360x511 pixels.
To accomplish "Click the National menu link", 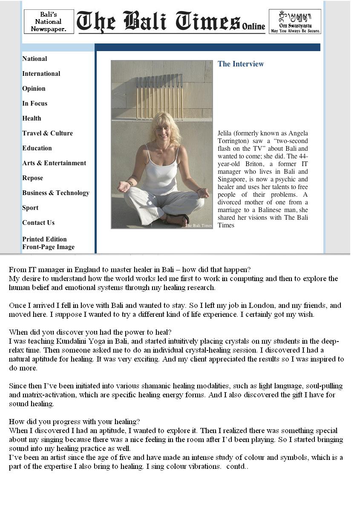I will (x=35, y=59).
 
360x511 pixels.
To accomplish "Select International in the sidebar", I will (x=41, y=74).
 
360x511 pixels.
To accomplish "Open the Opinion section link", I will (x=34, y=89).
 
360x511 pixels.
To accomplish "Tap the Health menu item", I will (x=32, y=118).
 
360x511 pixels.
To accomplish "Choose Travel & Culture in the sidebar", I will (x=47, y=133).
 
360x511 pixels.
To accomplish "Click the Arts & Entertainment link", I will (x=54, y=163).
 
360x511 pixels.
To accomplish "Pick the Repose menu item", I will (x=33, y=178).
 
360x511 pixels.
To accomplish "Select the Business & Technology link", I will (x=56, y=193).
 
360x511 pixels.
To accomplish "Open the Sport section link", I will (x=30, y=208).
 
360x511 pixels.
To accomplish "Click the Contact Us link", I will (x=38, y=223).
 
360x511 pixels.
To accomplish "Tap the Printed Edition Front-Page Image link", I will (x=48, y=243).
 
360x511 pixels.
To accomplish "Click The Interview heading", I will (x=241, y=64).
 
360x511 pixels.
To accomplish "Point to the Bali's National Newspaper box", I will (x=49, y=22).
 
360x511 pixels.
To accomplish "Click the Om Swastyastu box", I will (x=295, y=22).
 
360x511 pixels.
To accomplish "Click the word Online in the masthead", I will (x=253, y=26).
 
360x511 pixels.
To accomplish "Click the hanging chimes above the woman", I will (x=159, y=97).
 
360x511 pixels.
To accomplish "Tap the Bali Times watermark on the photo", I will (x=198, y=225).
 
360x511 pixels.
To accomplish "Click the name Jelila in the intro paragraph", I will (x=225, y=133).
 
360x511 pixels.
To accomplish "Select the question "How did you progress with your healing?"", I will (x=74, y=422).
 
